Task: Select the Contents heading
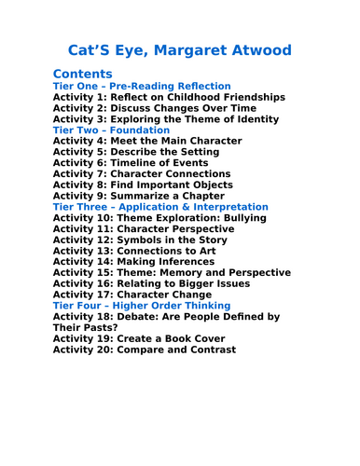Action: (83, 74)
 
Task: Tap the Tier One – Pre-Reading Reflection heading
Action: (142, 86)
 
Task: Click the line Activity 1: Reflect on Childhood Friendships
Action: (156, 97)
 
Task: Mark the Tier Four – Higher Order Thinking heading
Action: (142, 306)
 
